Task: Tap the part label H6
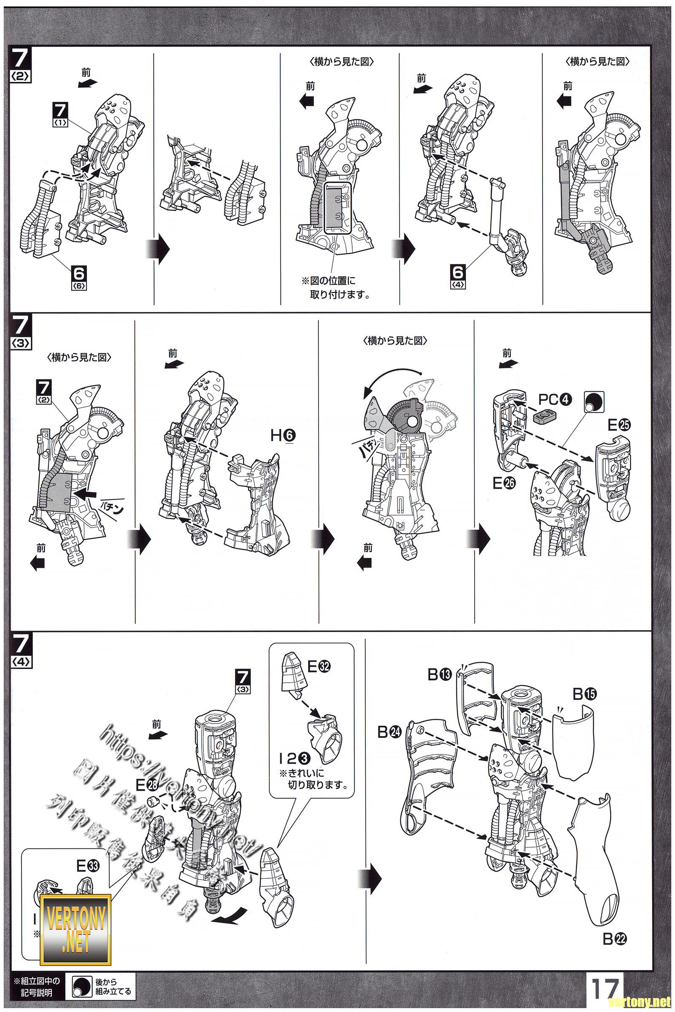(283, 436)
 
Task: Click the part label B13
(439, 674)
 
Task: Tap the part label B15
(585, 694)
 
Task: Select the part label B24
(389, 732)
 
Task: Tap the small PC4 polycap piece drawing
(544, 416)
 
